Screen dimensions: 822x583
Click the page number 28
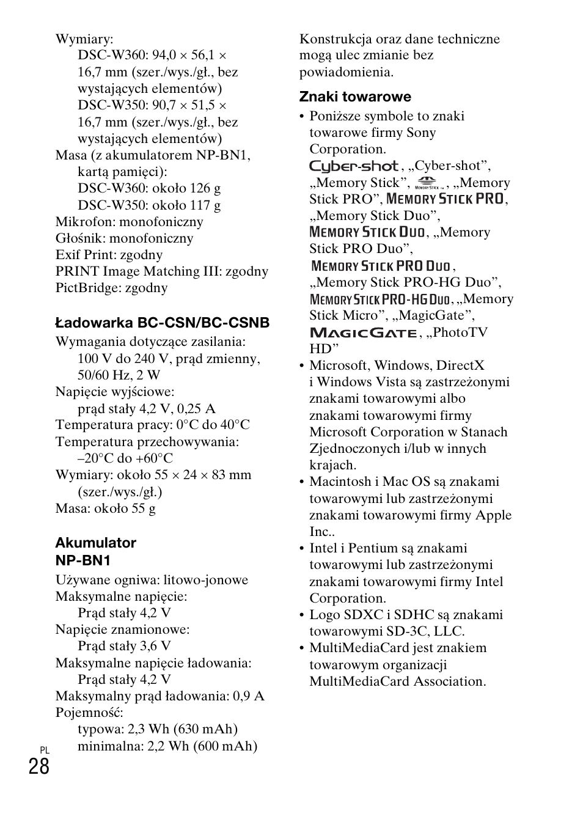click(x=38, y=766)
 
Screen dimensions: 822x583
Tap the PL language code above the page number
click(x=44, y=750)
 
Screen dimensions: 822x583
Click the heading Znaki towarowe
click(x=355, y=97)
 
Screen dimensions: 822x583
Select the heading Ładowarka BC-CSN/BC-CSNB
click(x=162, y=323)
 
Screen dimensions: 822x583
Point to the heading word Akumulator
click(x=95, y=543)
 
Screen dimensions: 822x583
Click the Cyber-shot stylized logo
click(x=354, y=166)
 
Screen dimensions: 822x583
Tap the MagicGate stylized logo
click(x=363, y=332)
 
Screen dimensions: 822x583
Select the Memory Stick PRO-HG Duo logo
click(x=380, y=299)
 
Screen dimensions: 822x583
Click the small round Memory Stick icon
click(x=428, y=182)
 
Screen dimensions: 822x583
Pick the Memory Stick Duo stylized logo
click(x=367, y=232)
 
